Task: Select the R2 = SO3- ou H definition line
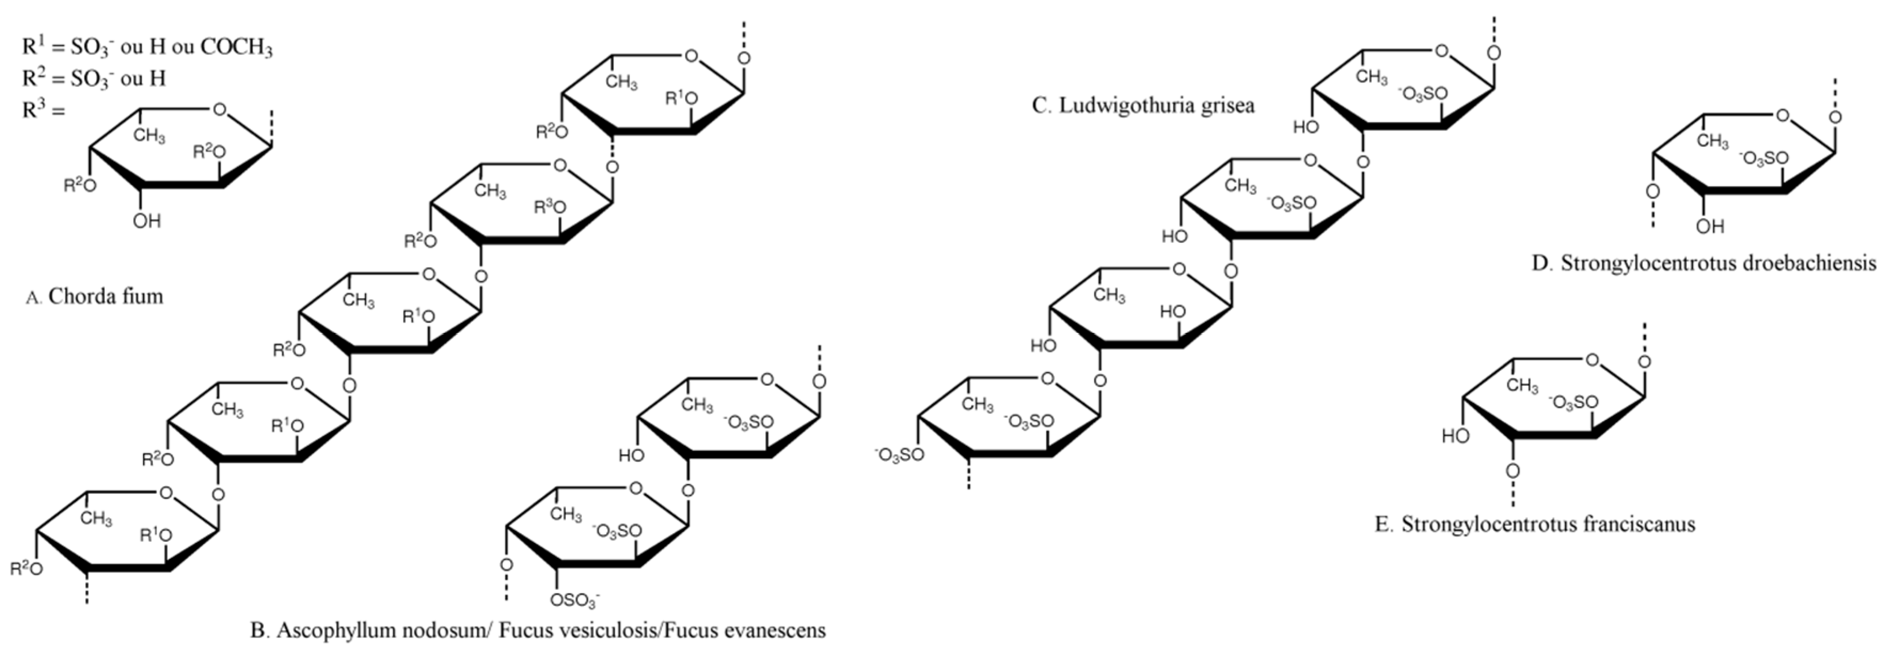coord(94,78)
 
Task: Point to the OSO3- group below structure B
coord(575,600)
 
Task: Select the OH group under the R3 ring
coord(147,221)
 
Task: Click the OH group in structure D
coord(1711,226)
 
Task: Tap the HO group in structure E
coord(1455,436)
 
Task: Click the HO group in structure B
coord(631,455)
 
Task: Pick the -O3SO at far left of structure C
coord(899,456)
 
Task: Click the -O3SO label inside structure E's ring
coord(1573,402)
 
